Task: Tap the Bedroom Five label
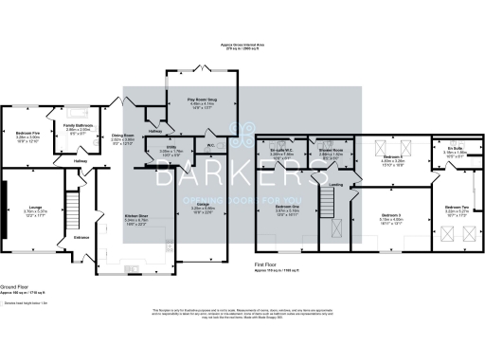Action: click(27, 134)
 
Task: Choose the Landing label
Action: click(335, 172)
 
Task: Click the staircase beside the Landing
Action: click(328, 199)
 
